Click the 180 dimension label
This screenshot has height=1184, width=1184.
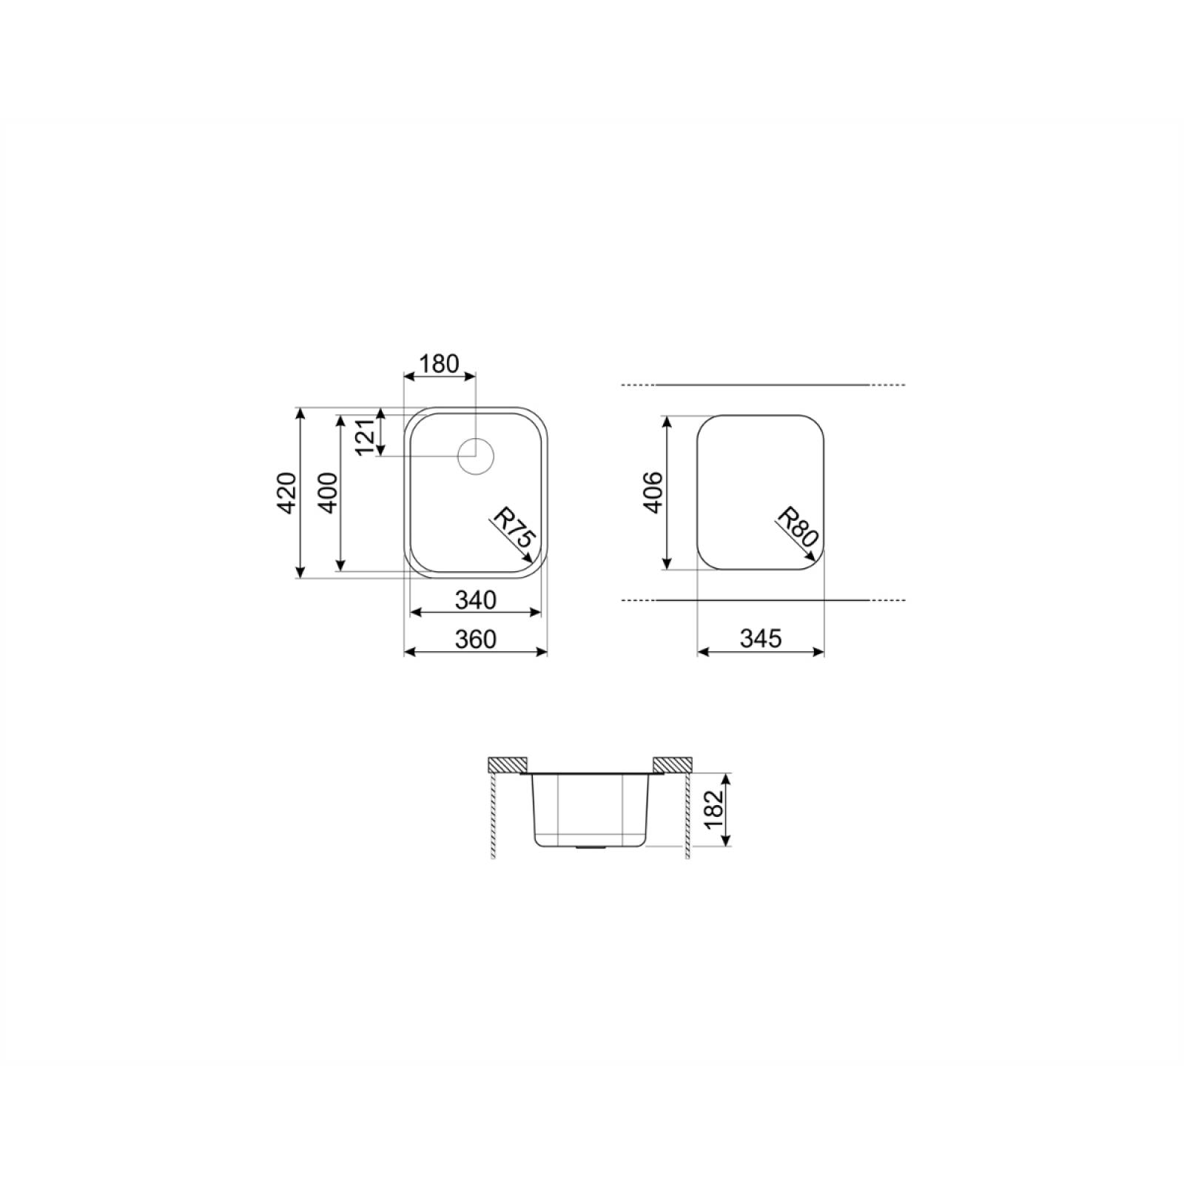439,364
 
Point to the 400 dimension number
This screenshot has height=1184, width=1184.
328,492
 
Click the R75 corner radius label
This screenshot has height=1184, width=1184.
514,527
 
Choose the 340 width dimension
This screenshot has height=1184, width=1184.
475,600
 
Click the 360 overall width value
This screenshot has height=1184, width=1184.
475,639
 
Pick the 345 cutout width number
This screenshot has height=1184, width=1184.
761,639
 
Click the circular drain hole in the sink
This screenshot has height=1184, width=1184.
475,456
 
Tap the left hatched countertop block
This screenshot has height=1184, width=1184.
507,763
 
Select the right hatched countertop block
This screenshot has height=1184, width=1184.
673,763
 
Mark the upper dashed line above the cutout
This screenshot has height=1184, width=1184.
762,385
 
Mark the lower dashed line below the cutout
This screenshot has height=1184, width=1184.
762,600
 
